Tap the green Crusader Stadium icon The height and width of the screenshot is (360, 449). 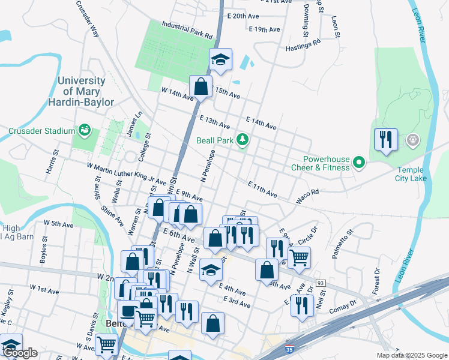coord(85,130)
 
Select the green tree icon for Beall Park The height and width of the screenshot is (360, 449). coord(243,140)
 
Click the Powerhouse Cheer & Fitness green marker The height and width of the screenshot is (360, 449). coord(359,163)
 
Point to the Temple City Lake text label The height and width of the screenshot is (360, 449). coord(417,174)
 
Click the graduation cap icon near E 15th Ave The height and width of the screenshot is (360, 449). coord(220,60)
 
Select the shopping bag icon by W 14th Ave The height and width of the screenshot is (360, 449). coord(201,86)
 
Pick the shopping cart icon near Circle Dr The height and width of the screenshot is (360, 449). coord(299,257)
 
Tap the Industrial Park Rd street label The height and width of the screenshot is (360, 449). coord(187,31)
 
